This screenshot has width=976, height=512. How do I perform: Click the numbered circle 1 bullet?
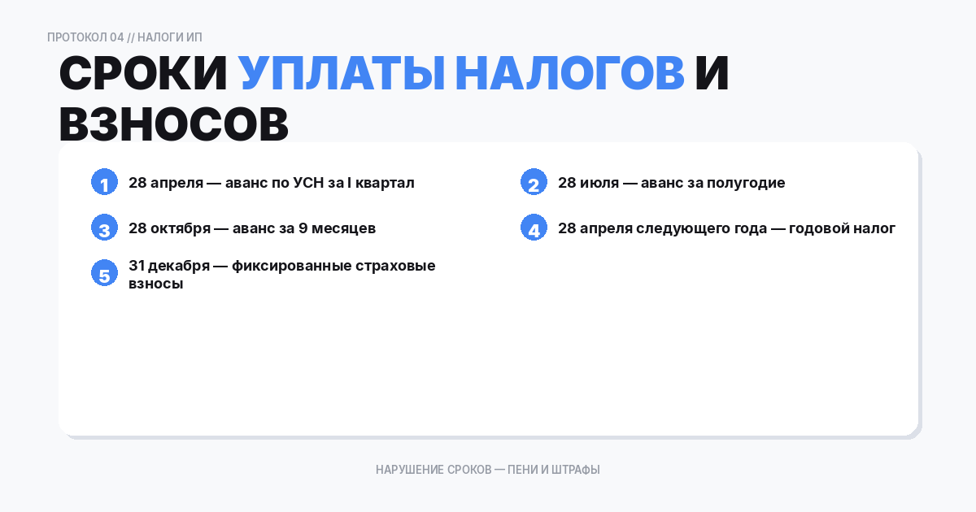(x=104, y=183)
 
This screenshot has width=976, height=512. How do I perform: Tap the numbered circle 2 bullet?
(x=534, y=183)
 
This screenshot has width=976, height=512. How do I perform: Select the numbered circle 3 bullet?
(x=104, y=228)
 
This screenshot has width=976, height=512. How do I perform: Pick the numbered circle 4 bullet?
(x=534, y=228)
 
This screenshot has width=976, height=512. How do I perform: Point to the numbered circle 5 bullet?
(x=104, y=274)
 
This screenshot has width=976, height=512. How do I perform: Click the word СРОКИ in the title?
(x=143, y=75)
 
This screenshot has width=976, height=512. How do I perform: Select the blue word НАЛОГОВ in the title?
(x=569, y=75)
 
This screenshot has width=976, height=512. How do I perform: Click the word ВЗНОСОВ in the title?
(x=174, y=124)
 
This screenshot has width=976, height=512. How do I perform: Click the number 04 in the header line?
(x=117, y=37)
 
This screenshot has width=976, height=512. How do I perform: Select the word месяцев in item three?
(x=343, y=228)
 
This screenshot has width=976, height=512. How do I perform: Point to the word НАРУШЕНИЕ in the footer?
(x=410, y=470)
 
